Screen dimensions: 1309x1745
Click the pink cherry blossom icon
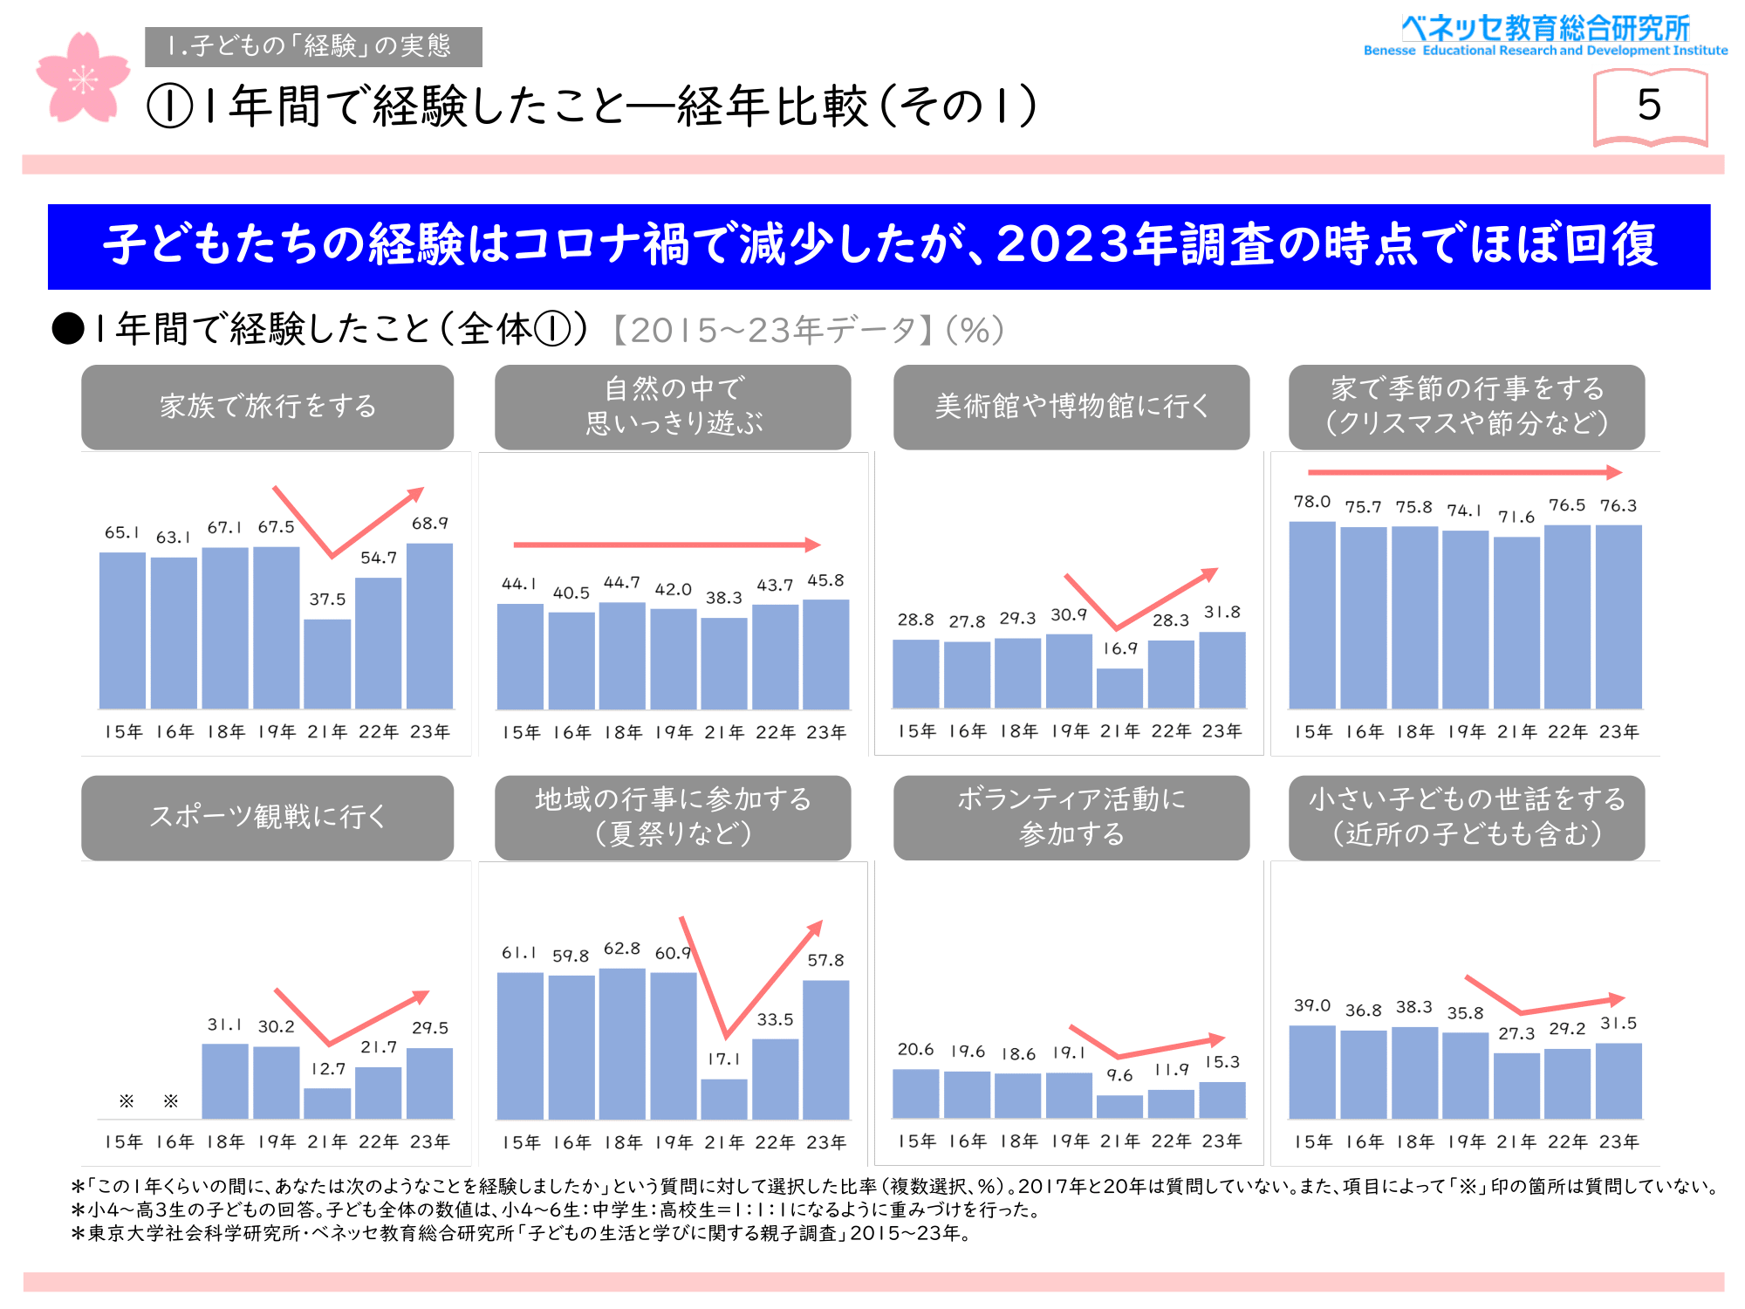point(83,79)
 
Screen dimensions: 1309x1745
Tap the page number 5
point(1649,106)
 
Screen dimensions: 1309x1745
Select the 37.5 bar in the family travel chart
point(327,664)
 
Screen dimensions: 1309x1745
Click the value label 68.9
point(429,524)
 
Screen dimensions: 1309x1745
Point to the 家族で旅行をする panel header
point(267,407)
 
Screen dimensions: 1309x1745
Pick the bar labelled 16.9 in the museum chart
point(1119,688)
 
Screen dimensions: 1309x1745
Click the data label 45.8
point(825,580)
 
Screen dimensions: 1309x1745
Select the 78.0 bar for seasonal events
point(1312,615)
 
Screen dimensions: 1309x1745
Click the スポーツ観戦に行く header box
point(267,817)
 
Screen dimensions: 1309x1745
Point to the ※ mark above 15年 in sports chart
point(127,1101)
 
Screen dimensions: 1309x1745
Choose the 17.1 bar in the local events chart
point(724,1099)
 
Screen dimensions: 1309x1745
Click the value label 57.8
point(825,960)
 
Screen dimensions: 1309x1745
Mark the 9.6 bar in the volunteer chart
point(1119,1107)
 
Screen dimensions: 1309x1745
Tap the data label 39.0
point(1312,1005)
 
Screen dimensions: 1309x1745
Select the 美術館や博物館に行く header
point(1071,407)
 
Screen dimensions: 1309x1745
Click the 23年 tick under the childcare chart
point(1618,1141)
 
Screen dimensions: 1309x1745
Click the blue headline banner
point(879,246)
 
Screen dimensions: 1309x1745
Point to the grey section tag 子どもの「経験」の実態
point(313,46)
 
